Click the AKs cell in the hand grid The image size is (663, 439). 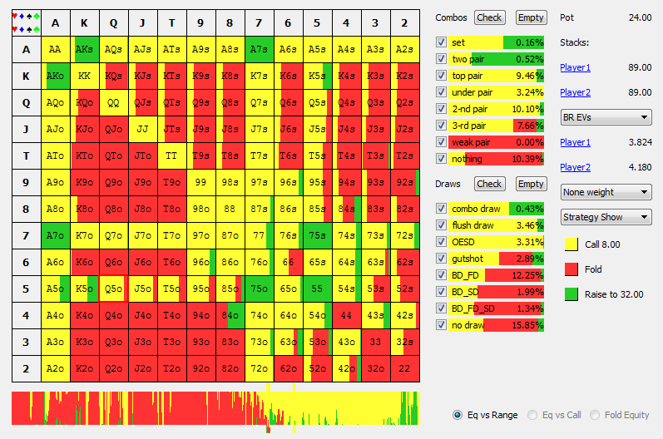(84, 49)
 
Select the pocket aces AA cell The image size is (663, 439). (55, 49)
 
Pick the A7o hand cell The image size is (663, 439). (55, 235)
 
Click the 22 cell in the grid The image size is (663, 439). (404, 368)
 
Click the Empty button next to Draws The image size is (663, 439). (530, 184)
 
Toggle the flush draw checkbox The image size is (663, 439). (441, 224)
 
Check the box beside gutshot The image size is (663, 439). (441, 258)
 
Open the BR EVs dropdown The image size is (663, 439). (606, 117)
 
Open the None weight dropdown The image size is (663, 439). (606, 192)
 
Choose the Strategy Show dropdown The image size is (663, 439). (606, 217)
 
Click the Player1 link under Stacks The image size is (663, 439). (575, 67)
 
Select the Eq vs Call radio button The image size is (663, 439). (533, 415)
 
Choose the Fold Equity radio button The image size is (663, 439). (596, 415)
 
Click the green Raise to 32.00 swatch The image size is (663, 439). (571, 294)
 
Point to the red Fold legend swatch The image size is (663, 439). (571, 269)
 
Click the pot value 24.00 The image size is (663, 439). (640, 17)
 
